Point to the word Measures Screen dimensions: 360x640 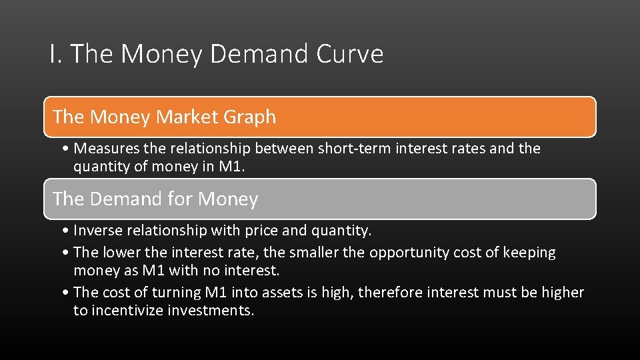point(107,149)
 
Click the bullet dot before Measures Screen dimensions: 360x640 point(67,149)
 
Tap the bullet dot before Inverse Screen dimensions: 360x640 point(67,231)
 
